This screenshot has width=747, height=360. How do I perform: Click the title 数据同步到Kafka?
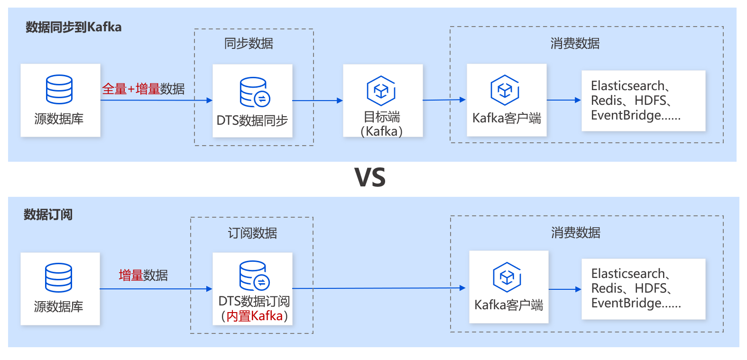74,27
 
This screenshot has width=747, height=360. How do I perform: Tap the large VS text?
370,178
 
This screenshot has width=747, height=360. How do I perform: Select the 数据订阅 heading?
48,214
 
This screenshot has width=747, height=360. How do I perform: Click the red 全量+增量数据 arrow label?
143,89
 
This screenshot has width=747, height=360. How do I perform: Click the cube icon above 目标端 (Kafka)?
381,90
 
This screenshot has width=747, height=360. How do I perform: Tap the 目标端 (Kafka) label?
382,124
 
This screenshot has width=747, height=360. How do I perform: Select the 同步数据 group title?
249,44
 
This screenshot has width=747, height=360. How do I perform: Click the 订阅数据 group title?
252,233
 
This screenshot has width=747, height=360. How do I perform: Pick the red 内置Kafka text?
254,316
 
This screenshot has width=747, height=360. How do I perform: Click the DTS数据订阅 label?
254,301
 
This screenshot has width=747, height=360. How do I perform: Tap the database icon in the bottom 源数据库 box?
59,277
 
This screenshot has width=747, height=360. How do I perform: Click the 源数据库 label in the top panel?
59,119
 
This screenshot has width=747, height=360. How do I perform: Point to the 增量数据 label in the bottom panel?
143,275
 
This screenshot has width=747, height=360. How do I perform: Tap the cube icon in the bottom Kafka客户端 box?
507,277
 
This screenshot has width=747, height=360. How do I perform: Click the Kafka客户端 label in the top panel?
507,118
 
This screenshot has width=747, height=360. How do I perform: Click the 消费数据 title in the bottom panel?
575,232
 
